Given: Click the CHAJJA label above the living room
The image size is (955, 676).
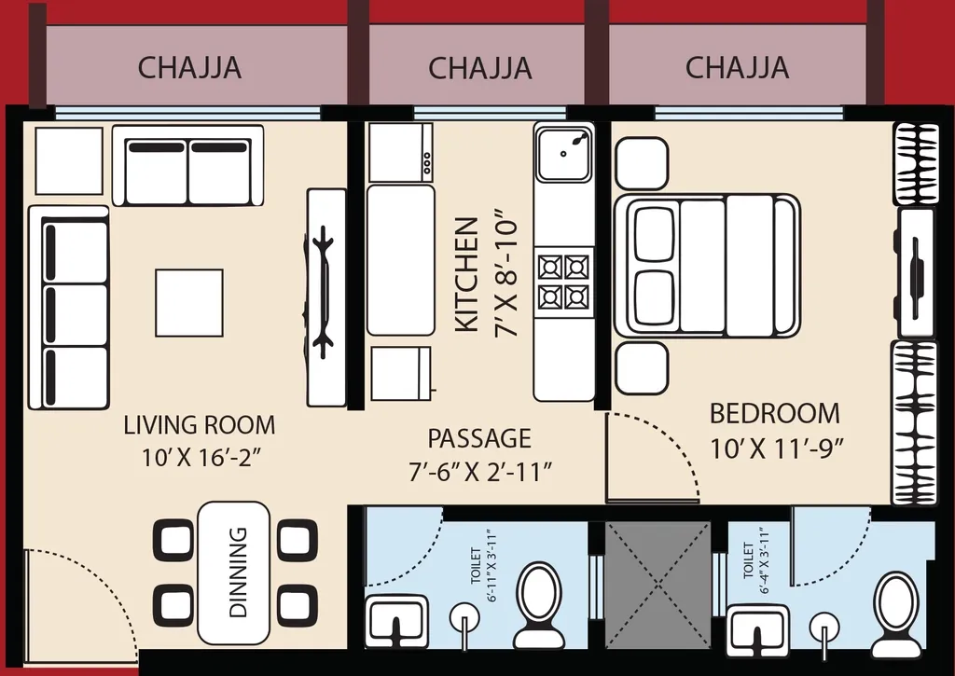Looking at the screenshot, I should pos(189,68).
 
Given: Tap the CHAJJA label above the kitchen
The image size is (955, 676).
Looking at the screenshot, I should pos(479,68).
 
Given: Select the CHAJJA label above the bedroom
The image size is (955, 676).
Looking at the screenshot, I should pos(737,68).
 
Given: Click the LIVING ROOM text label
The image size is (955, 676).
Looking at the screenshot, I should pos(200,426).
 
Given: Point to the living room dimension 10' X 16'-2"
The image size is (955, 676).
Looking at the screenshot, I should pos(200,457).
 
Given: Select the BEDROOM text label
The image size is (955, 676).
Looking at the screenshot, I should pos(774,413).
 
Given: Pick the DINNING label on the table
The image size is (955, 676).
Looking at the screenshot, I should pos(238,572).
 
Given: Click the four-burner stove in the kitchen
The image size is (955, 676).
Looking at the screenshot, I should pos(564,282).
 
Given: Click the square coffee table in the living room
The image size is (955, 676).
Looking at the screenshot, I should pos(189,303).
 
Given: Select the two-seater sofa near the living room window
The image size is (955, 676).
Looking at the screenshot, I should pos(187,167).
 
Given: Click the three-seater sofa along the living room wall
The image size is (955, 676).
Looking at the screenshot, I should pos(69,308).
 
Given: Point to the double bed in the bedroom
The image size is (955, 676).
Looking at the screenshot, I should pos(706,266).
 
